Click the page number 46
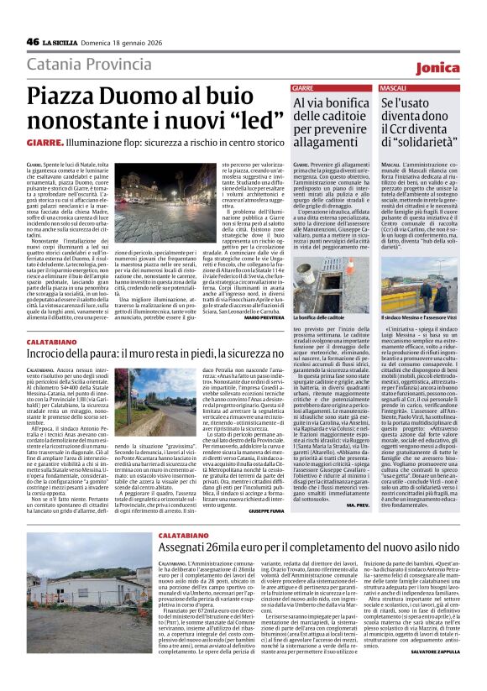click(33, 41)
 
